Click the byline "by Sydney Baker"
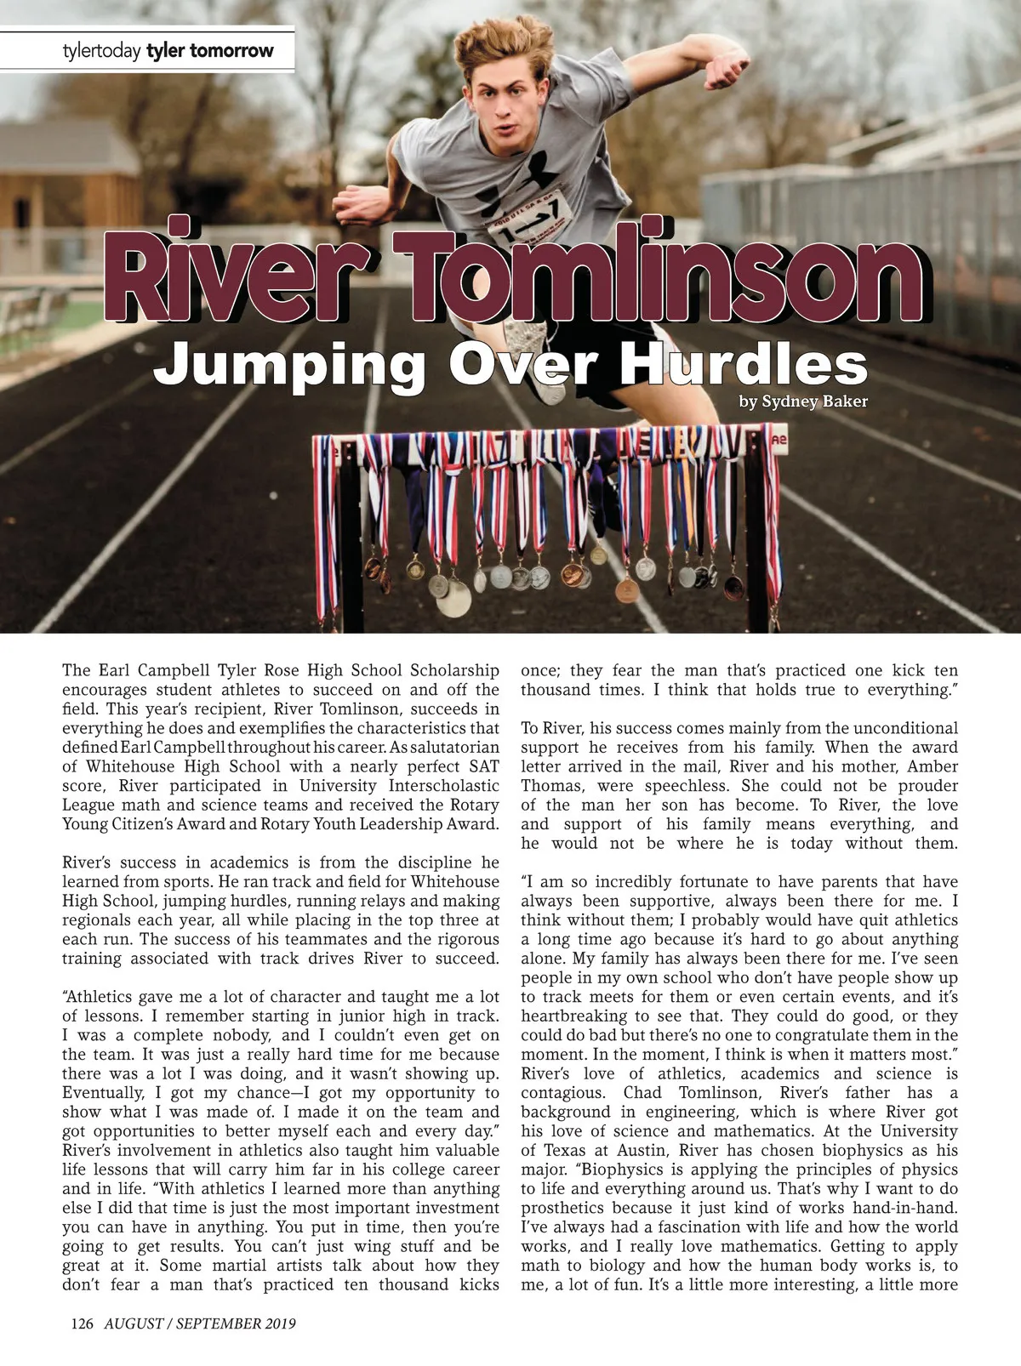(803, 401)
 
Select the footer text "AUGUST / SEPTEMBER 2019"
(200, 1323)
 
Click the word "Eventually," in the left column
(103, 1093)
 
